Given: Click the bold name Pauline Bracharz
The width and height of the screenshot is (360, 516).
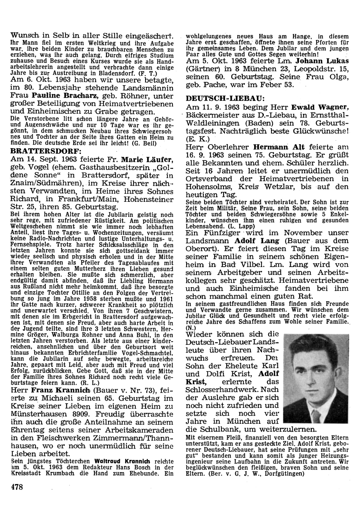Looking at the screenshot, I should [64, 97].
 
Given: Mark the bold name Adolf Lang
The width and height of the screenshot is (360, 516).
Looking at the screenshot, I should [252, 240].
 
